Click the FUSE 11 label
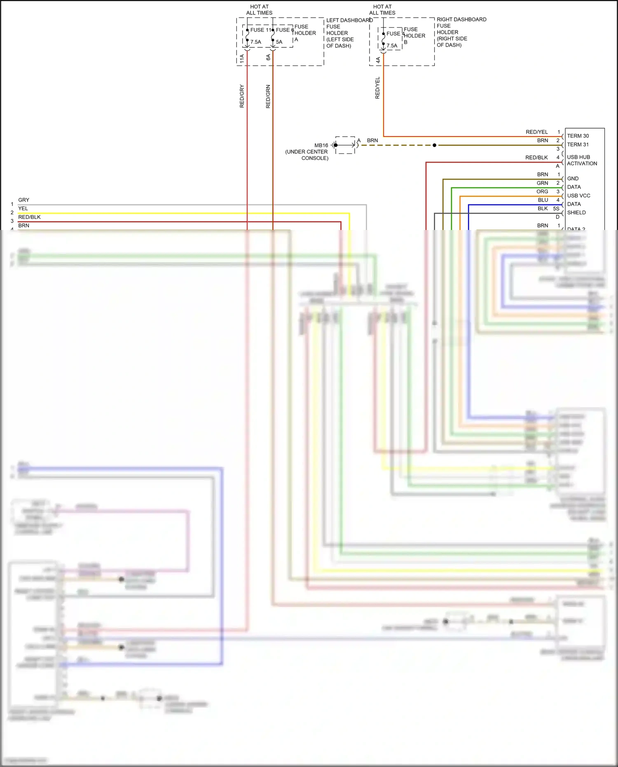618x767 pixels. tap(260, 30)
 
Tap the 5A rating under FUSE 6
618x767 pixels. tap(279, 42)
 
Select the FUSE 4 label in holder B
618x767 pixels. tap(395, 34)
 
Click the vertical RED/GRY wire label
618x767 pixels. tap(242, 96)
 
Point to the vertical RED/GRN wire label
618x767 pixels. tap(268, 97)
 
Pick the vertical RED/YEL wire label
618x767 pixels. tap(377, 88)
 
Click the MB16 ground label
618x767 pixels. tap(321, 145)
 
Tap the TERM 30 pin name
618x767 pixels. tap(578, 136)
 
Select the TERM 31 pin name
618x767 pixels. tap(578, 145)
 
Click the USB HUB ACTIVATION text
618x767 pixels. tap(581, 160)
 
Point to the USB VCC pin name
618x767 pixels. tap(578, 196)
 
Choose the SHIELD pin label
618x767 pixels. tap(576, 213)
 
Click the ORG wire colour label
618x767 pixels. tap(542, 192)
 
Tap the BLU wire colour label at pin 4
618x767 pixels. tap(543, 200)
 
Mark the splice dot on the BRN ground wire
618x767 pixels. tap(434, 145)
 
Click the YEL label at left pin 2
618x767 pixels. tap(23, 209)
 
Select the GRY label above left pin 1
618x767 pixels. tap(23, 200)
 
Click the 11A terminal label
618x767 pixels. tap(242, 59)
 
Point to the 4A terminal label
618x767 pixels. tap(378, 60)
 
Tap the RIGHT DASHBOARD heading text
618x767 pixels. tap(461, 19)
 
